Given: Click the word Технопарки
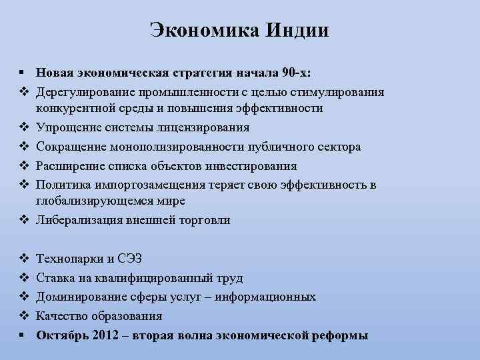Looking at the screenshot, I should pyautogui.click(x=68, y=259).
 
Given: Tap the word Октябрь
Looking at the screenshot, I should pyautogui.click(x=58, y=335).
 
